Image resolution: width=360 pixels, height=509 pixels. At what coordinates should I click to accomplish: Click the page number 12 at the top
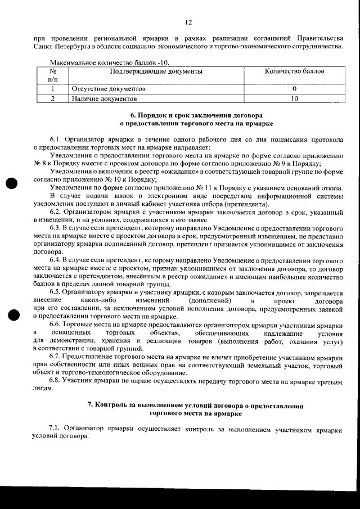(188, 22)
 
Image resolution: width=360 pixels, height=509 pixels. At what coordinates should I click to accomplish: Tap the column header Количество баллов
(294, 71)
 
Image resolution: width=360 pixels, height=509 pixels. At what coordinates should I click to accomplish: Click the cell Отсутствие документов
(109, 89)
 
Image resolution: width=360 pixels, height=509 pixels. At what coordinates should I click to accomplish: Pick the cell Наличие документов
(105, 98)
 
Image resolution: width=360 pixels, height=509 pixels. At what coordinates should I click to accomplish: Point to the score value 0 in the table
(294, 89)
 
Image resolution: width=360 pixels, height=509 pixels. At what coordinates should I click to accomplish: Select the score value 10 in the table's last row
(294, 98)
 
